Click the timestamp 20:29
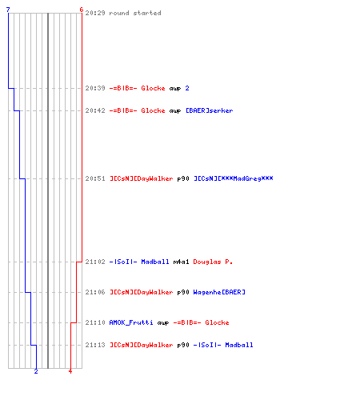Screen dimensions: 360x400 click(x=95, y=13)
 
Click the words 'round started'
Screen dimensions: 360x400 click(x=135, y=13)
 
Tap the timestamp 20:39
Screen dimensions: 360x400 click(x=95, y=88)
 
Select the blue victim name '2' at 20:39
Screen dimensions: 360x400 click(x=187, y=88)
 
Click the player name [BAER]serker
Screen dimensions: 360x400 click(x=210, y=110)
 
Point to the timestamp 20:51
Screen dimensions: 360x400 click(x=95, y=178)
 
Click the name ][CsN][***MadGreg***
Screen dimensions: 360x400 click(x=234, y=178)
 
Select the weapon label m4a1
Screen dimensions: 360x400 click(x=181, y=262)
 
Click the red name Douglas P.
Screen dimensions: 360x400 click(x=213, y=262)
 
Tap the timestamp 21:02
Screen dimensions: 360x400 click(x=95, y=262)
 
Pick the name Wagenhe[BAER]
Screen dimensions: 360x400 click(x=219, y=292)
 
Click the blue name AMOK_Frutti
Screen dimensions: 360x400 click(x=131, y=322)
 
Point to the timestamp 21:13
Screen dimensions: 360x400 click(x=95, y=345)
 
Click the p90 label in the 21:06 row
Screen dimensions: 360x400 click(x=183, y=292)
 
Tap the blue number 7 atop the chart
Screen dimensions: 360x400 click(x=8, y=10)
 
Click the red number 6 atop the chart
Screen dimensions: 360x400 click(x=82, y=10)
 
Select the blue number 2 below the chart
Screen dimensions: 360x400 click(x=36, y=371)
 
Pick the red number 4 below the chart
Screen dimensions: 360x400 click(x=70, y=371)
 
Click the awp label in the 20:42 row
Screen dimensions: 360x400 click(x=175, y=110)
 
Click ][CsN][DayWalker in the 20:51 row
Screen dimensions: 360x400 click(x=142, y=178)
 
